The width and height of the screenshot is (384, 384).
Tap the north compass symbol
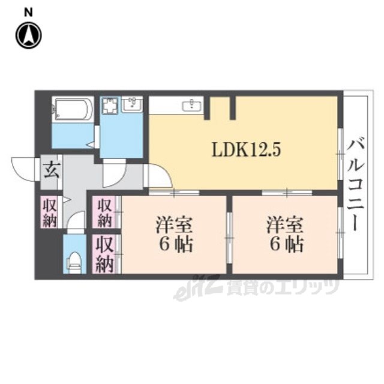click(29, 35)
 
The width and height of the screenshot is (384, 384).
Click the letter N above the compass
click(28, 13)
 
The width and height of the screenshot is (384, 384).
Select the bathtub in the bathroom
click(73, 109)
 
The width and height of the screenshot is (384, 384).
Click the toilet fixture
click(74, 263)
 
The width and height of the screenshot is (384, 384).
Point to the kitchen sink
click(192, 106)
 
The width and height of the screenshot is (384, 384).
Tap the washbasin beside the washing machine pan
click(132, 104)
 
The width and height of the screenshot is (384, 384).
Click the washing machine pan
click(110, 106)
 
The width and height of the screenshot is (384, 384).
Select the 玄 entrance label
click(52, 170)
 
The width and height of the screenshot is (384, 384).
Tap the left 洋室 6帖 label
click(175, 234)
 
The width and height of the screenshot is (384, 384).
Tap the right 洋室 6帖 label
click(285, 234)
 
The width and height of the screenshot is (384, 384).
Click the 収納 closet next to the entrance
click(50, 212)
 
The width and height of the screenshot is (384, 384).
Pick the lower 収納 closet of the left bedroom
click(106, 254)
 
